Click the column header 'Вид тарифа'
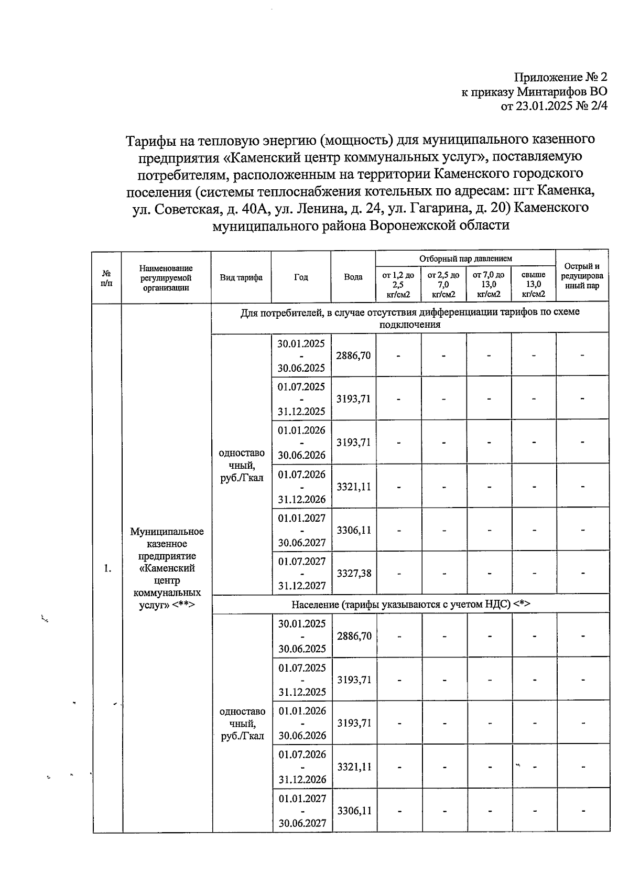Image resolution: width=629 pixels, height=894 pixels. click(241, 277)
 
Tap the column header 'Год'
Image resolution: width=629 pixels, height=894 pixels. click(301, 277)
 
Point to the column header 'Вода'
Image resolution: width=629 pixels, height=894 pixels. click(353, 277)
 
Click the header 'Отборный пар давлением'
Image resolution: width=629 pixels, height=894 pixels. click(465, 258)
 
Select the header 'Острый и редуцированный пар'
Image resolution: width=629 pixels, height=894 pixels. click(582, 276)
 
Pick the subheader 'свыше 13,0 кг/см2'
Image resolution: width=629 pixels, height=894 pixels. click(534, 284)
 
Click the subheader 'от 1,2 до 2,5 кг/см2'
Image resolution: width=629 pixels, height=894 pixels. click(398, 284)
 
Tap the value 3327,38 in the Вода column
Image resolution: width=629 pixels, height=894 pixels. click(354, 573)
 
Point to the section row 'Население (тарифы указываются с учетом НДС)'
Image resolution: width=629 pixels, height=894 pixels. click(410, 604)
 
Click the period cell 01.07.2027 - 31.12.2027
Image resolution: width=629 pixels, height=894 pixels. click(301, 573)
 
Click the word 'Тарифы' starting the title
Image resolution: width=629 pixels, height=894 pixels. click(148, 141)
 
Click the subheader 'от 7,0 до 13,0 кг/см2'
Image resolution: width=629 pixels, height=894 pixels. click(489, 284)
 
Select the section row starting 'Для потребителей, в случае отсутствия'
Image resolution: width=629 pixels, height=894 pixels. click(410, 318)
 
